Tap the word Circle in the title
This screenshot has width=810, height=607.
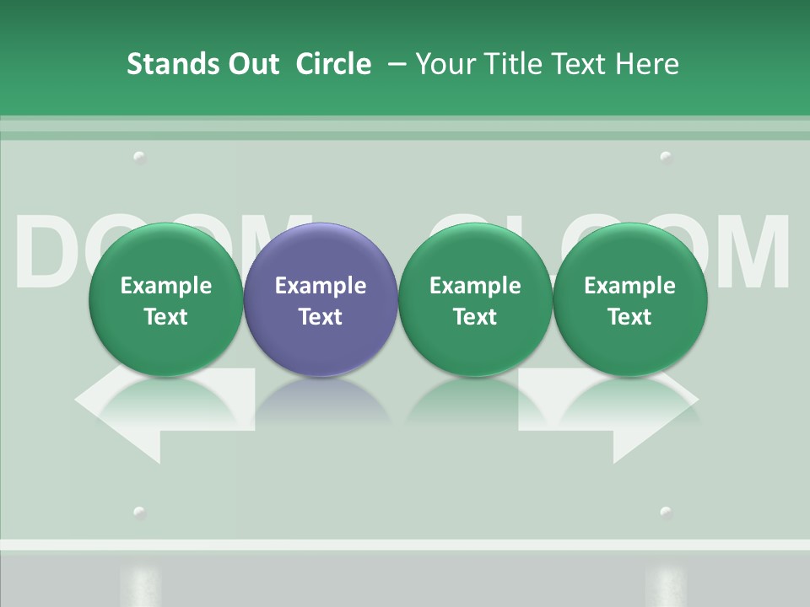point(333,64)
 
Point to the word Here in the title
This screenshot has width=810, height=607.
point(647,64)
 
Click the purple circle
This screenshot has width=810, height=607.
point(321,300)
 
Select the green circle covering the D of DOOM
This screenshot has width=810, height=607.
point(166,300)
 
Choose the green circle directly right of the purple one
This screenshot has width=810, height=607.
point(475,300)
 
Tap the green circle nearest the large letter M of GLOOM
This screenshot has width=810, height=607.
point(629,300)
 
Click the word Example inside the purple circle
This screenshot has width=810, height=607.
point(321,286)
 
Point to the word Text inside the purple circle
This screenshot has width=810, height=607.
point(321,317)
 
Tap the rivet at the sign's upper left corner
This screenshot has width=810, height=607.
point(139,157)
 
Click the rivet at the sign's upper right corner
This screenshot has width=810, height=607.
point(666,157)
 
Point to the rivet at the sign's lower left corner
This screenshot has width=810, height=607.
point(139,512)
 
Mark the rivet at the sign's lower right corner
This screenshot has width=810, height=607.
point(666,512)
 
